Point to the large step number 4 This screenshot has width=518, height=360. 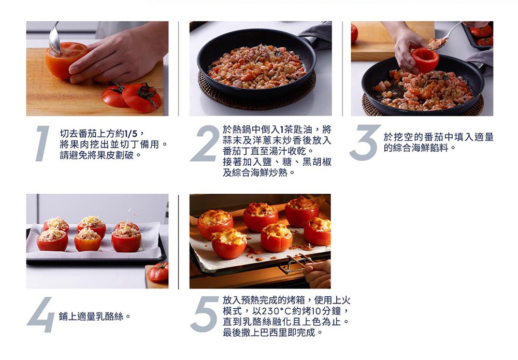[41, 314]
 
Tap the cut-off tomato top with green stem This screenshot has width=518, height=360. [141, 97]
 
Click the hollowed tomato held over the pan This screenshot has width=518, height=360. [425, 60]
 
